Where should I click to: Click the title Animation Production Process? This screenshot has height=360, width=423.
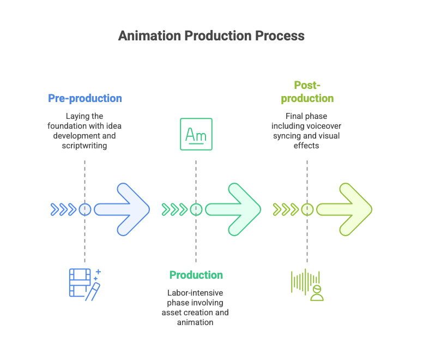click(211, 36)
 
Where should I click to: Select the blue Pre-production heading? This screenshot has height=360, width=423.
click(85, 98)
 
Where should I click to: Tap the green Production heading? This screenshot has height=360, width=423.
click(196, 275)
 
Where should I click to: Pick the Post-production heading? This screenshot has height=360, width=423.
click(306, 92)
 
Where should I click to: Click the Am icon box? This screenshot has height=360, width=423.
click(196, 134)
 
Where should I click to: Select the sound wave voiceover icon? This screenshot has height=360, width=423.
click(307, 284)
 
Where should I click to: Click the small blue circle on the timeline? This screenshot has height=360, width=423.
click(85, 209)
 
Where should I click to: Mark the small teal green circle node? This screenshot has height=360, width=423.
click(196, 209)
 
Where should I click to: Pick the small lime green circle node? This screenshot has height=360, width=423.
click(307, 209)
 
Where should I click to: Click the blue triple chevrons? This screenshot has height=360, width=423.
click(63, 209)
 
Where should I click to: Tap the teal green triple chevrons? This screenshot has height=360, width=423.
click(174, 209)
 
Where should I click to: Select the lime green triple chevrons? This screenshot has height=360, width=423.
click(286, 209)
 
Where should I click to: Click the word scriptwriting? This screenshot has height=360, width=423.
click(85, 146)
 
